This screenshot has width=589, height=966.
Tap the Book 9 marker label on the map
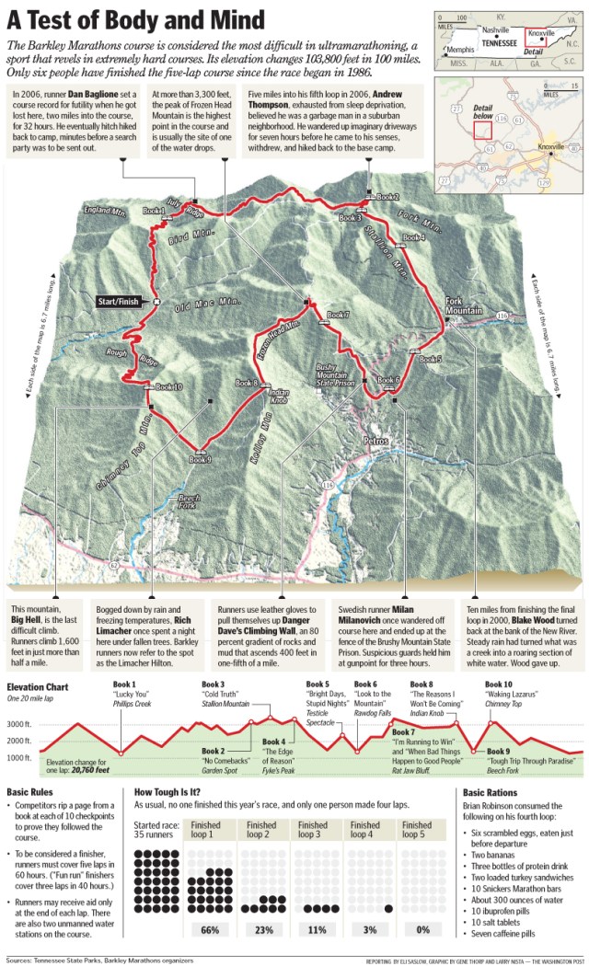tap(201, 460)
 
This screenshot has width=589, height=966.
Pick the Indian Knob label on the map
tap(277, 397)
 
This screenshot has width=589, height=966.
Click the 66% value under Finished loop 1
tap(210, 930)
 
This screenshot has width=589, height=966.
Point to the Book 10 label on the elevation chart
tap(499, 684)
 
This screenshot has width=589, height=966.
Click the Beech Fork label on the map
tap(189, 502)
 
